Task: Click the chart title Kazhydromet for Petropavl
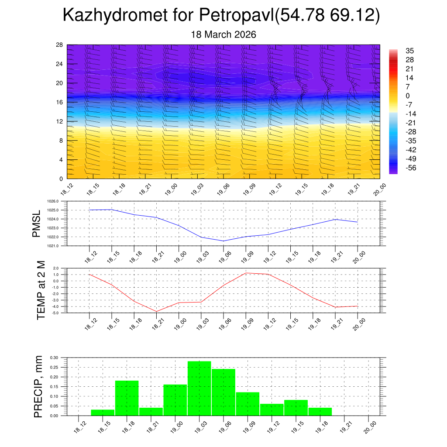222,16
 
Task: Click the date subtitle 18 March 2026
223,34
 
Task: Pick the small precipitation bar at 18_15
103,413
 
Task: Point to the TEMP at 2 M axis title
41,290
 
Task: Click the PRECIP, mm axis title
38,386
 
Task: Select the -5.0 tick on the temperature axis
56,313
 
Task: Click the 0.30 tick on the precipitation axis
54,358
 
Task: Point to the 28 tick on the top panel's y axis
59,45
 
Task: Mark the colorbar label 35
409,51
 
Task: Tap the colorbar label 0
408,96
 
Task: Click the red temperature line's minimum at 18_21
156,311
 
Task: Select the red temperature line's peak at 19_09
246,273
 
